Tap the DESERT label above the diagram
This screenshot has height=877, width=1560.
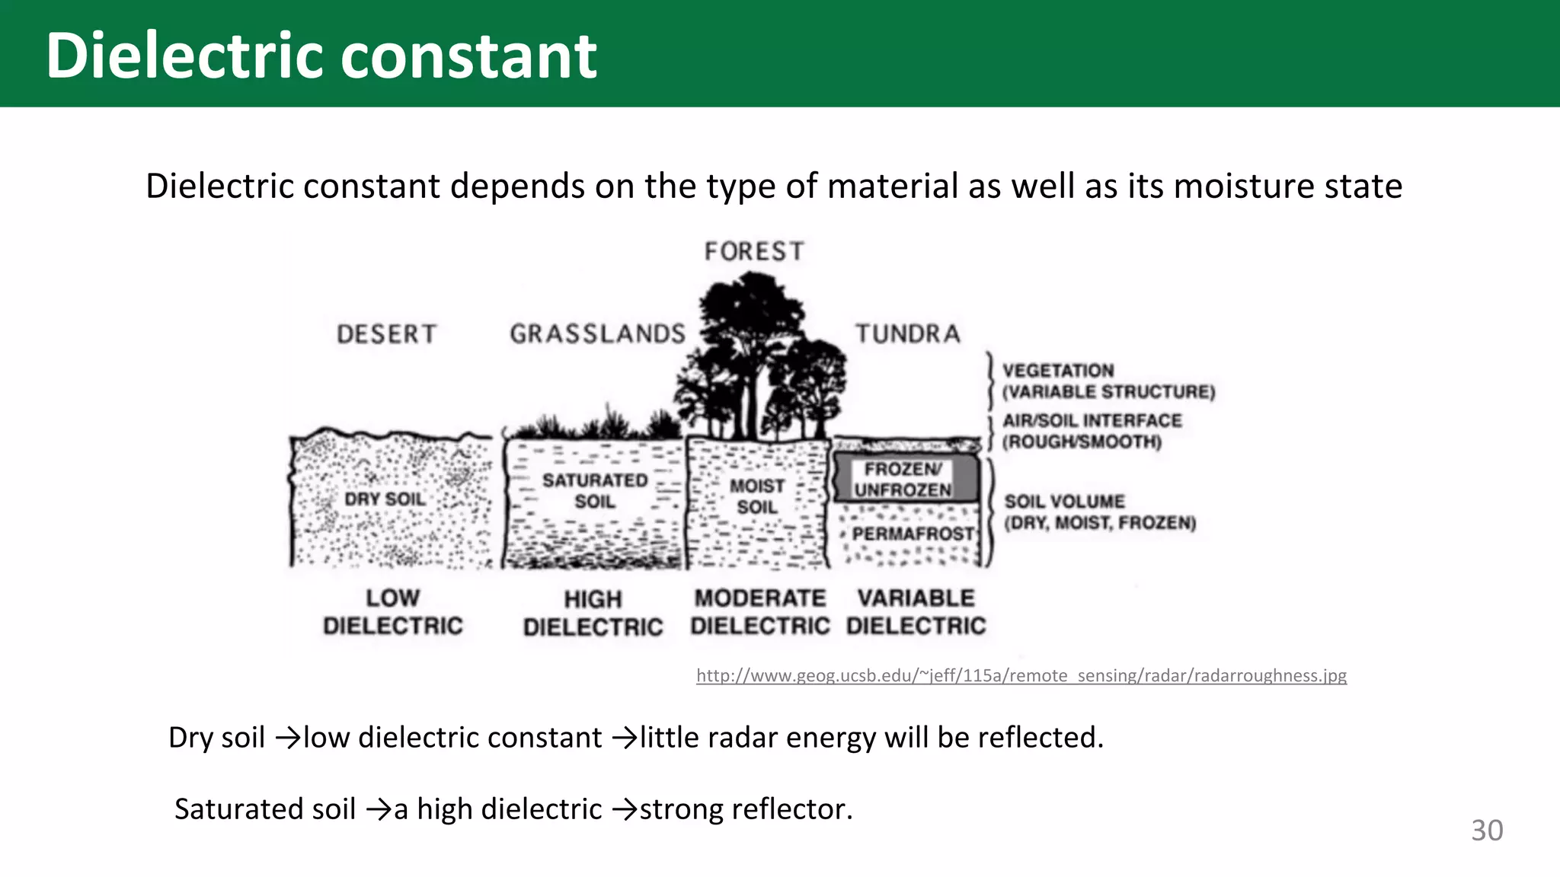pyautogui.click(x=386, y=334)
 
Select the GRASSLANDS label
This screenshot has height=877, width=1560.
pyautogui.click(x=597, y=334)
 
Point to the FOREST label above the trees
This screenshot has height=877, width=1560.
pyautogui.click(x=753, y=251)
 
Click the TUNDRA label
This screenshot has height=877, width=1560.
pyautogui.click(x=907, y=333)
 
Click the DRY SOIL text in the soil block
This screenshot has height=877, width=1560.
pyautogui.click(x=385, y=499)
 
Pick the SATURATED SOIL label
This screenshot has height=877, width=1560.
pyautogui.click(x=595, y=491)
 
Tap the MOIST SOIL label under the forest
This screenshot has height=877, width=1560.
pyautogui.click(x=756, y=496)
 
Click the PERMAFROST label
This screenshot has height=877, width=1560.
pyautogui.click(x=913, y=534)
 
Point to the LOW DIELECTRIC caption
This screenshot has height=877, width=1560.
pyautogui.click(x=392, y=612)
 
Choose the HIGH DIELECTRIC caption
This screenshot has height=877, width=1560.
pyautogui.click(x=593, y=614)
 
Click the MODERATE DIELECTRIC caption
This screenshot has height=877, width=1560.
pyautogui.click(x=759, y=612)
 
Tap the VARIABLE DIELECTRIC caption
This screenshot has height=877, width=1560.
pyautogui.click(x=916, y=612)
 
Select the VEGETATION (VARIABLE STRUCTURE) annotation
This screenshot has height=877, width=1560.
pyautogui.click(x=1108, y=381)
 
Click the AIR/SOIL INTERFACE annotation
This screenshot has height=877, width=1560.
pyautogui.click(x=1091, y=431)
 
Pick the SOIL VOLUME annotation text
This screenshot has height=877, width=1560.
pyautogui.click(x=1099, y=512)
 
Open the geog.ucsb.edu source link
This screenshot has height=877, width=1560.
pyautogui.click(x=1021, y=675)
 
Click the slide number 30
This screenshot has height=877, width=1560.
pyautogui.click(x=1487, y=831)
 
